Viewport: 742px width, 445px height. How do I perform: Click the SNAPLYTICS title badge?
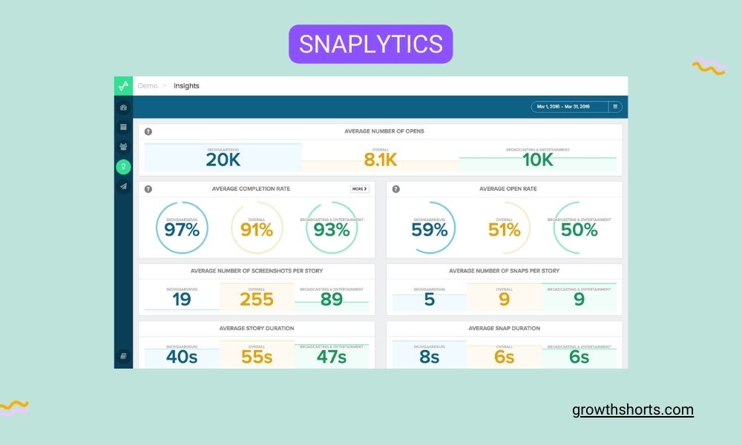[370, 44]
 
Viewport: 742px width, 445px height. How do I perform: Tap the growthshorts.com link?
[633, 409]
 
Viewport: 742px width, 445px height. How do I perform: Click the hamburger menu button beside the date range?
[615, 107]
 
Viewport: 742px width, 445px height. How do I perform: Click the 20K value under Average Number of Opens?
[223, 159]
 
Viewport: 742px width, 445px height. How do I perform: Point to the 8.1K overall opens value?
[381, 159]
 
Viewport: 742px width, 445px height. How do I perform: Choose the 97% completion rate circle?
[182, 229]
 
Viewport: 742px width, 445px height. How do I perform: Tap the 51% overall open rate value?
[505, 229]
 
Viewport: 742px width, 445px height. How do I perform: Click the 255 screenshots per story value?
[257, 299]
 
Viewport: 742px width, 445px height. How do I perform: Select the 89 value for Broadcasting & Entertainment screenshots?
[332, 299]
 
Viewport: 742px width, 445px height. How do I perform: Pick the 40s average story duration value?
[182, 357]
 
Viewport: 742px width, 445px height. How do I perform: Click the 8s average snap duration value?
[430, 357]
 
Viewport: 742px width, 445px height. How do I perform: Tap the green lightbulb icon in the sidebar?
[123, 167]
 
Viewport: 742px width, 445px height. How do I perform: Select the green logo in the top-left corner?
[123, 85]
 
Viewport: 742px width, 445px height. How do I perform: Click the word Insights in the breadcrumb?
[186, 86]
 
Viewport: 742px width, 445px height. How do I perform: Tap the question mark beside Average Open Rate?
[396, 189]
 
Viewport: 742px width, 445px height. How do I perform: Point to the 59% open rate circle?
[430, 229]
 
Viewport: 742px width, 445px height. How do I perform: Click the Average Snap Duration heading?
[505, 328]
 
